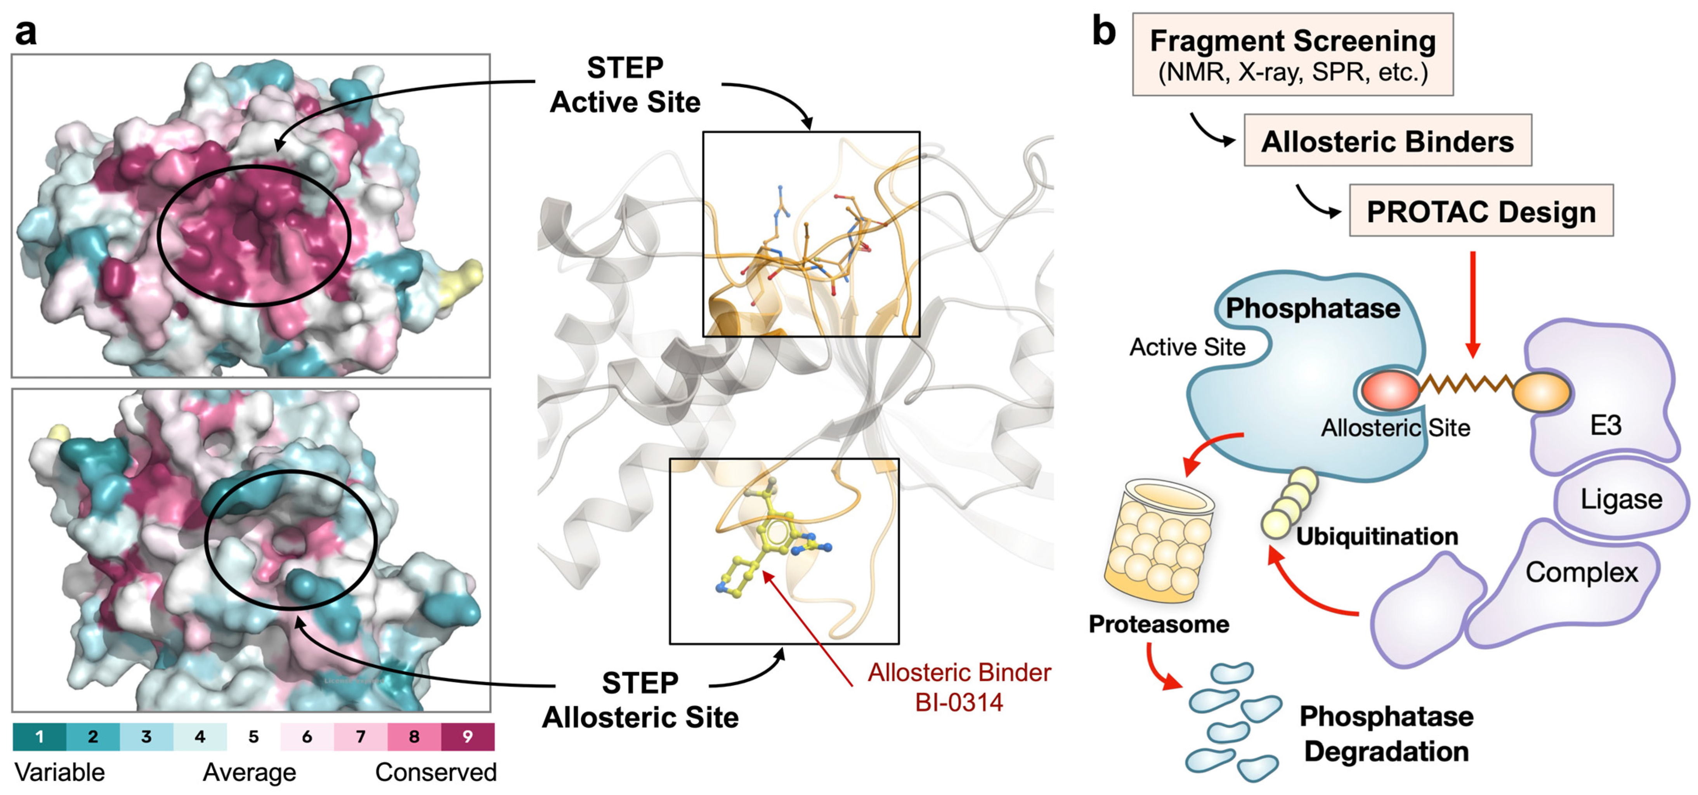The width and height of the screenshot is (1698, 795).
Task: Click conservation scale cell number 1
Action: click(x=40, y=736)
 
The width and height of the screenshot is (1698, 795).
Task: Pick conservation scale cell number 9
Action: click(x=467, y=736)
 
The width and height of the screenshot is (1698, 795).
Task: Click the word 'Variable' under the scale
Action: click(x=59, y=772)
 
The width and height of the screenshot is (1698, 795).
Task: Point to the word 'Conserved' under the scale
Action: click(x=436, y=772)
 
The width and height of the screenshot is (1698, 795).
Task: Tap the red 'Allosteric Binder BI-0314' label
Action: click(x=959, y=687)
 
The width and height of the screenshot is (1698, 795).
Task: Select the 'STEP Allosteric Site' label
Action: click(x=640, y=700)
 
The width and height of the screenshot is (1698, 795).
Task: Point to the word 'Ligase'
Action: click(x=1621, y=499)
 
